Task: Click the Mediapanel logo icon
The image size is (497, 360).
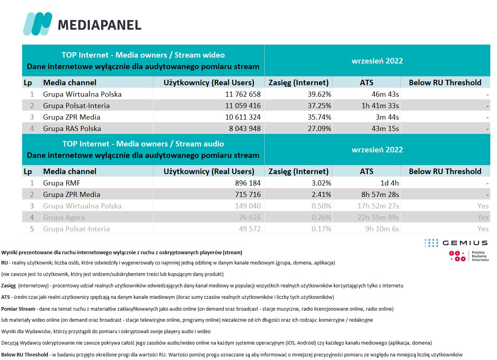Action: click(38, 24)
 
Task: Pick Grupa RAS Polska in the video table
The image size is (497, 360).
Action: click(72, 129)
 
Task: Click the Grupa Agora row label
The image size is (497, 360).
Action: click(64, 217)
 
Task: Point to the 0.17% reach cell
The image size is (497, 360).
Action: click(319, 229)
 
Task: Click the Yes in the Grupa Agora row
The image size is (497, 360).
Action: click(483, 217)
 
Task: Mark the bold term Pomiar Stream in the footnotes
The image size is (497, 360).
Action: click(18, 309)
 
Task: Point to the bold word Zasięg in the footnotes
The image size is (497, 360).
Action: click(8, 285)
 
